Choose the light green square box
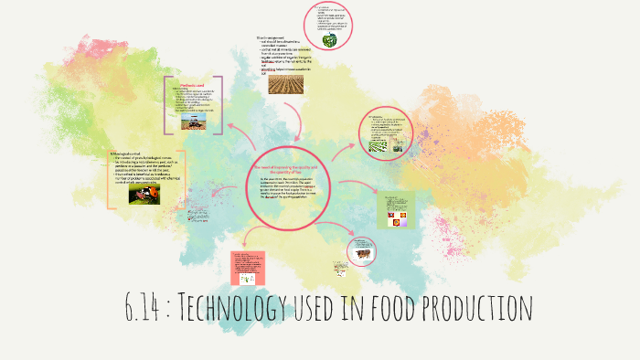pos(396,210)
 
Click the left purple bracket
pos(167,106)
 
